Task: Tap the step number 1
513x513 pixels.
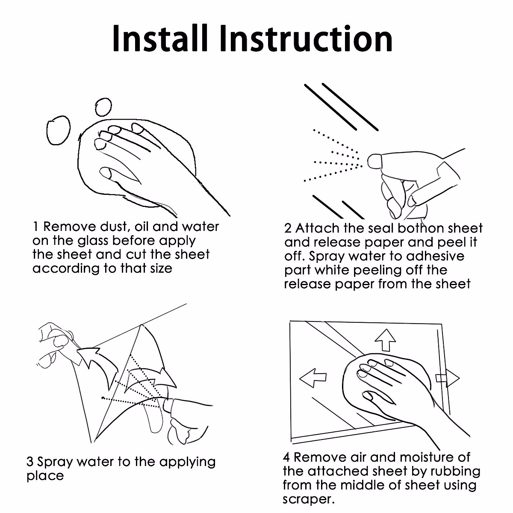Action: coord(35,227)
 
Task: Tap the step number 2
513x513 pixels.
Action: coord(288,228)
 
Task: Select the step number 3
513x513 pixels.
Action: coord(30,462)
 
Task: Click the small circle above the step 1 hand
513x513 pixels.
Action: coord(103,107)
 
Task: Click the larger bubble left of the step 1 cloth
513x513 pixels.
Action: coord(58,130)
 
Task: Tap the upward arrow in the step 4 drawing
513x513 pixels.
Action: coord(385,340)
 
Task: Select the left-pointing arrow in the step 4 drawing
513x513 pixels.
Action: coord(313,378)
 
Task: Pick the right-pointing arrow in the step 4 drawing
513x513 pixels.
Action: coord(448,378)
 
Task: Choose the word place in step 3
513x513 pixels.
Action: coord(45,476)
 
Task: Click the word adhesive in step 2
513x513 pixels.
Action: coord(435,256)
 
